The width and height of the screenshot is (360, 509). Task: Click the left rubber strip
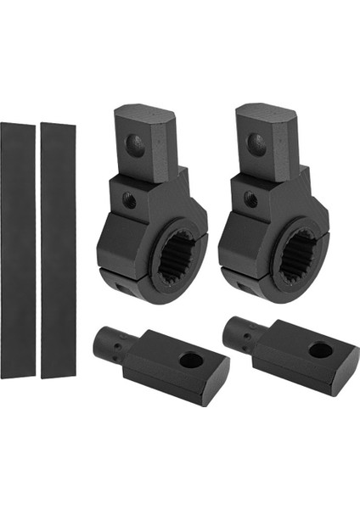tap(18, 250)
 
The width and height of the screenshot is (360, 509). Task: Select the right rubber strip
tap(58, 250)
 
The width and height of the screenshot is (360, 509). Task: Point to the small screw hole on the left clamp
tap(129, 202)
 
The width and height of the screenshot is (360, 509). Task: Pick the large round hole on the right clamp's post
tap(257, 144)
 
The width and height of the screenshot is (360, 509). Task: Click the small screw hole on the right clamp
tap(250, 199)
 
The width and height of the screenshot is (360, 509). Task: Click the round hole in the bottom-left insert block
tap(191, 360)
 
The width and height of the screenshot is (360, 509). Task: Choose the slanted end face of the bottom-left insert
tap(219, 388)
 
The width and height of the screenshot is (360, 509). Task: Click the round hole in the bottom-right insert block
tap(321, 350)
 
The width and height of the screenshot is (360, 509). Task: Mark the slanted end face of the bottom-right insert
tap(349, 378)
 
